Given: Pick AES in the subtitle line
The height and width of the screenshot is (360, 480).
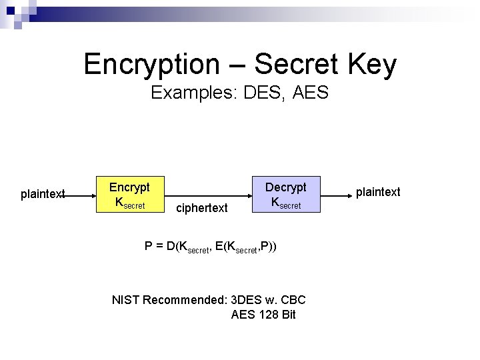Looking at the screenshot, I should coord(310,93).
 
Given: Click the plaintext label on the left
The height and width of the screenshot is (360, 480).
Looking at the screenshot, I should coord(43,194).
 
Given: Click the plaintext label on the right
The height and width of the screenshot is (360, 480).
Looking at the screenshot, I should coord(378,192).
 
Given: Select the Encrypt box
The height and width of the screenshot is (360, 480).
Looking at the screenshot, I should coord(129,194).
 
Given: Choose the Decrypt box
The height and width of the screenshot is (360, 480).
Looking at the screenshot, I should coord(286,194).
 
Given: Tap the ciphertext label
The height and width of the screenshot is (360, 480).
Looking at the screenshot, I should coord(201,209).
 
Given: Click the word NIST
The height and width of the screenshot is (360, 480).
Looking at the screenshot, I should coord(126,299).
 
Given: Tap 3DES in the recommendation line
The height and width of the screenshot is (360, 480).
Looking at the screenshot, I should coord(246,299).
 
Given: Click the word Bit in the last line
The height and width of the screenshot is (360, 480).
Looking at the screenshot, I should coord(288,314).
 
